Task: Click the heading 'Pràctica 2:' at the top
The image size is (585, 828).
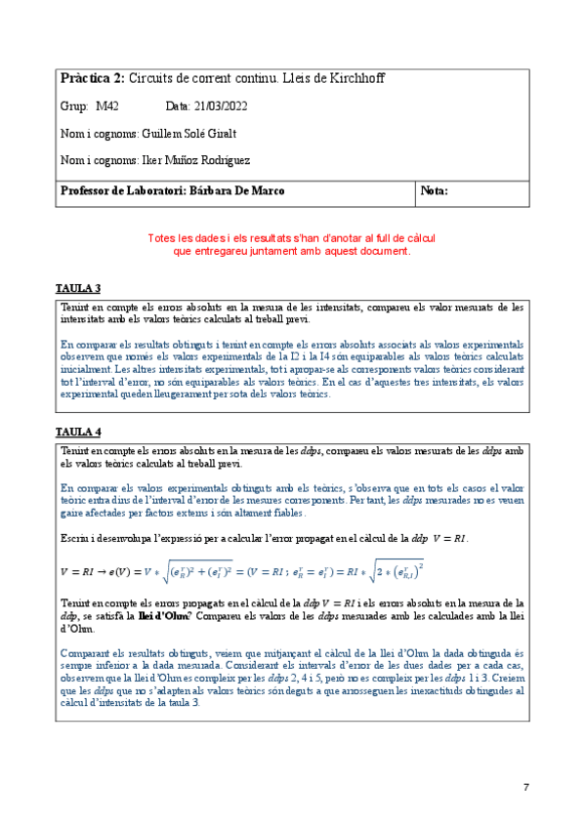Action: tap(92, 78)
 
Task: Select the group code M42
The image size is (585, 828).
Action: tap(105, 105)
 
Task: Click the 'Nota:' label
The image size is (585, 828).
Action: tap(434, 190)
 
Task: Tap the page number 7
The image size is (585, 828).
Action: tap(526, 787)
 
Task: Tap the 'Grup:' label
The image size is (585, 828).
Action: tap(74, 105)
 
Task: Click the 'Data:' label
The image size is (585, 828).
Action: tap(179, 105)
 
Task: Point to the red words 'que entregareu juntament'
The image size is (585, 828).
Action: tap(234, 251)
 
